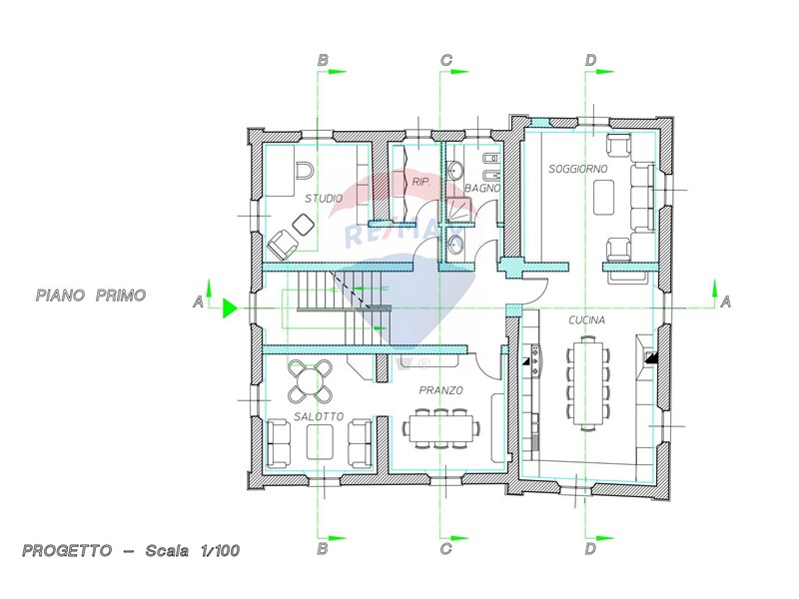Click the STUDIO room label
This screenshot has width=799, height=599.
point(324,198)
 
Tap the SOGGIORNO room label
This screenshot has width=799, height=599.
point(578,169)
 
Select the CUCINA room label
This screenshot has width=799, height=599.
point(587,319)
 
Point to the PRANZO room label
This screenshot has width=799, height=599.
point(440,390)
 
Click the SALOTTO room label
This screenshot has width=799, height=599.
point(319,416)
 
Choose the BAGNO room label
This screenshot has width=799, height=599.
point(482,188)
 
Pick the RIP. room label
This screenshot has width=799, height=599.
point(421,182)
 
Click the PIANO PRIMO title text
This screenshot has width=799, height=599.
point(91,296)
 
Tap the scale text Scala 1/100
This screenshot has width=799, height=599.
point(192,551)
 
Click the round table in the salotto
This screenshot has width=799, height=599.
point(311,380)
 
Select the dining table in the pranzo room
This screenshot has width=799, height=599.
point(441,428)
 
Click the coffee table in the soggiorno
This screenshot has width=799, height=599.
point(604,198)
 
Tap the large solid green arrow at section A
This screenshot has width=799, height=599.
point(231,308)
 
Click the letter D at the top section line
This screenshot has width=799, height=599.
point(590,60)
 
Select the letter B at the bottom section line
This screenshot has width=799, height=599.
point(323,549)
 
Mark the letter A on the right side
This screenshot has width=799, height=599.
point(726,302)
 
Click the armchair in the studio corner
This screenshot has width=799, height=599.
point(283,244)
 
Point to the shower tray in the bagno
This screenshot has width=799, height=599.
point(459,210)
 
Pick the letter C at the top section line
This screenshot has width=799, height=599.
point(445,60)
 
